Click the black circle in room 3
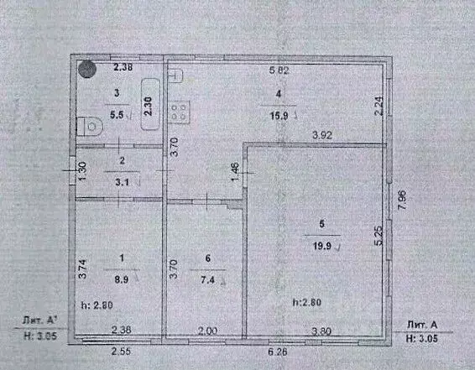(86, 70)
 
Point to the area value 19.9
(320, 245)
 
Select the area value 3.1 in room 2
(123, 178)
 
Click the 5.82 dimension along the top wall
(278, 70)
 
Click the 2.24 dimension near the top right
(378, 106)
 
